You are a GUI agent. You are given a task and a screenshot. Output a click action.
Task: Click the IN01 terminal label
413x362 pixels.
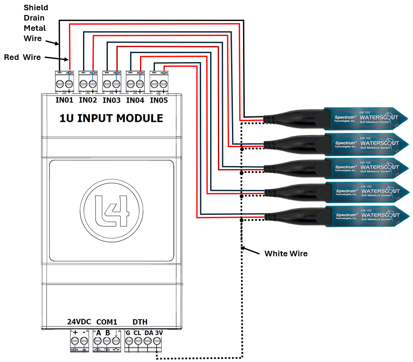pyautogui.click(x=65, y=101)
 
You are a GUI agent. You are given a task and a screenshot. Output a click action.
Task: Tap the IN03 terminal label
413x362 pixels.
pyautogui.click(x=112, y=101)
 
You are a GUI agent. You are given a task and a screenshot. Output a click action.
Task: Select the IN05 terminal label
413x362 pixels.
pyautogui.click(x=158, y=101)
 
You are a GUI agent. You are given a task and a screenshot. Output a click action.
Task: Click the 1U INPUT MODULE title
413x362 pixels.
pyautogui.click(x=111, y=118)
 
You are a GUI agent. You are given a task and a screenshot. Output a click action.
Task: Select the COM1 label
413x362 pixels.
pyautogui.click(x=107, y=322)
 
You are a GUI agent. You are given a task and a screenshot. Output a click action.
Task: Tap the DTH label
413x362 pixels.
pyautogui.click(x=140, y=322)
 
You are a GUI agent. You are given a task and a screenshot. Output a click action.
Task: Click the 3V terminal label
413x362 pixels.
pyautogui.click(x=158, y=332)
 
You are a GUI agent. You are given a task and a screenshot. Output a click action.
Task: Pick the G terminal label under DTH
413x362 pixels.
pyautogui.click(x=128, y=332)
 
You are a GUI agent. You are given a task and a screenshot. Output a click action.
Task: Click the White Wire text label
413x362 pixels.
pyautogui.click(x=286, y=254)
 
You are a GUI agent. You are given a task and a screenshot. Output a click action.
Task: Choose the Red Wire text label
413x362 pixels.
pyautogui.click(x=22, y=57)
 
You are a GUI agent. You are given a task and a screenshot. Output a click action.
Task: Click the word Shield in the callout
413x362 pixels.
pyautogui.click(x=36, y=8)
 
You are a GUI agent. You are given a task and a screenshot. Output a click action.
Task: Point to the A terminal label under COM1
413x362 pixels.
pyautogui.click(x=98, y=332)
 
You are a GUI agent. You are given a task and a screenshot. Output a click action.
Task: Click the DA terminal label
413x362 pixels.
pyautogui.click(x=149, y=332)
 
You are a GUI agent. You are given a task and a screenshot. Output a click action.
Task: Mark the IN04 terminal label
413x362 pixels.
pyautogui.click(x=135, y=101)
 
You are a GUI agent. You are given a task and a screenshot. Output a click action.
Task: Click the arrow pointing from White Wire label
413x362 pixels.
pyautogui.click(x=251, y=251)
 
